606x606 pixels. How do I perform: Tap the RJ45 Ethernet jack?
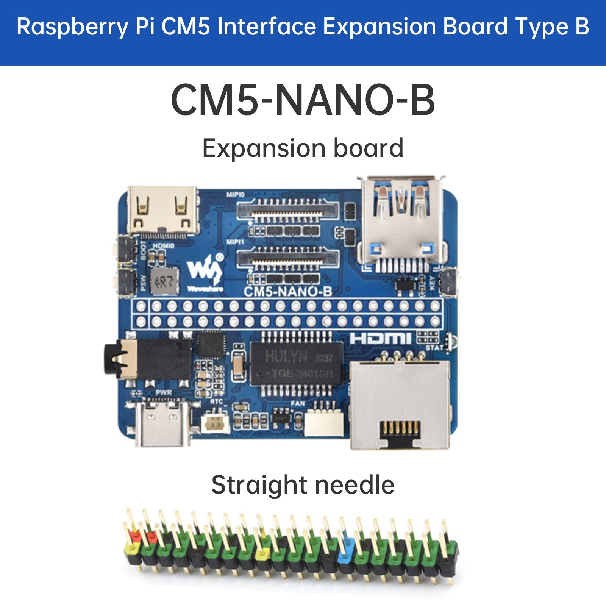pos(400,405)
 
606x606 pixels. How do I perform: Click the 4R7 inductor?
pos(164,281)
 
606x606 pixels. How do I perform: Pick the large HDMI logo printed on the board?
pos(380,339)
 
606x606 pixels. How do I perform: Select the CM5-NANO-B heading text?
pos(303,100)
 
